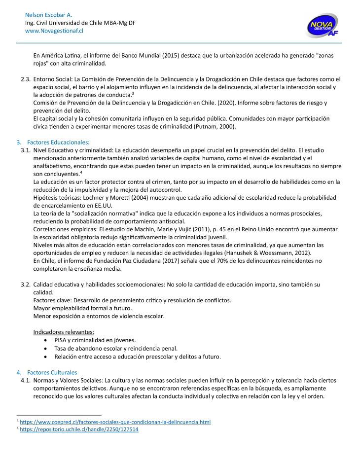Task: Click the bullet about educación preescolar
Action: (138, 357)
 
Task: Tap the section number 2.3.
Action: (26, 79)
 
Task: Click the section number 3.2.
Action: (26, 285)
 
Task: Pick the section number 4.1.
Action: (26, 381)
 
